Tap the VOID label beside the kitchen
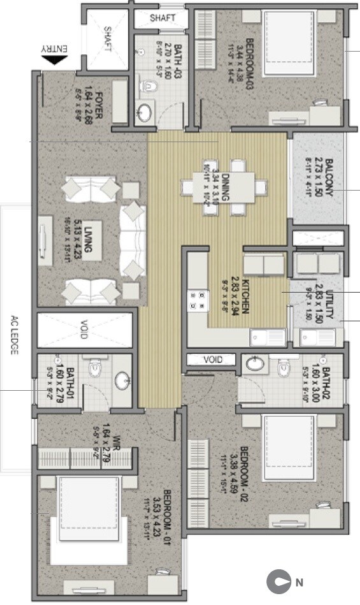click(212, 360)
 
